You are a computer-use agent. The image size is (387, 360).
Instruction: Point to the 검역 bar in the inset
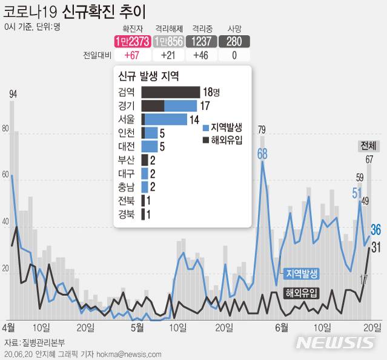170,92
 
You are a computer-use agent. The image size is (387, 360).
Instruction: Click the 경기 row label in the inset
128,105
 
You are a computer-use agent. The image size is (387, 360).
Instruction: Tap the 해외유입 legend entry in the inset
223,140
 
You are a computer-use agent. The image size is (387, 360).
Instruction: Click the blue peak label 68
262,153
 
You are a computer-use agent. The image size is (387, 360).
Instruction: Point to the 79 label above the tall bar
262,129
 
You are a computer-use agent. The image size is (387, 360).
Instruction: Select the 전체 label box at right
368,146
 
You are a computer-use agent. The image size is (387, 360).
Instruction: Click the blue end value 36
375,229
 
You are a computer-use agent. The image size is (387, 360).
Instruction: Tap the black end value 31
375,247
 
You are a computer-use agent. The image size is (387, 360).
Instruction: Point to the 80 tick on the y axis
5,129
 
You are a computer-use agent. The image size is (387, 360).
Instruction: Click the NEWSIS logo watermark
335,342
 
